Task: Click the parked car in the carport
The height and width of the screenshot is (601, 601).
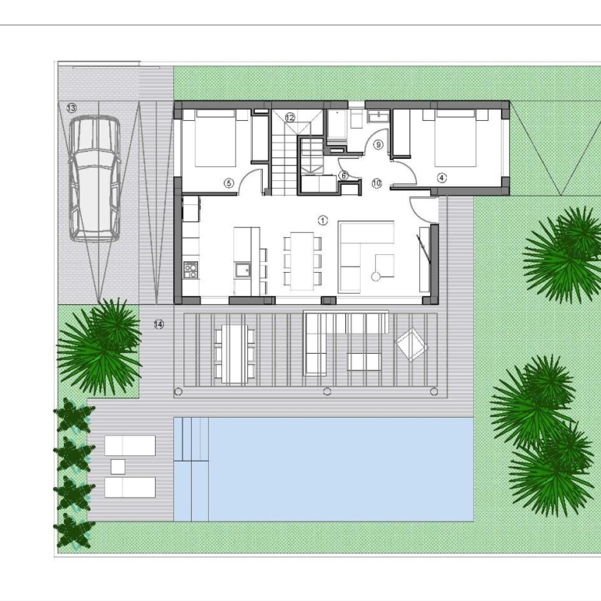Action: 94,179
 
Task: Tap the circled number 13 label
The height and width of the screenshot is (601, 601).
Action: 72,108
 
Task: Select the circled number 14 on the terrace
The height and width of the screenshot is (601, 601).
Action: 159,324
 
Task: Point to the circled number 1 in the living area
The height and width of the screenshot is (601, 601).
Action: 323,220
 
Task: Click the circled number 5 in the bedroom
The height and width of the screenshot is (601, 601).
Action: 229,183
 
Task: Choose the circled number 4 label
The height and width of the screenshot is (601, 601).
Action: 442,178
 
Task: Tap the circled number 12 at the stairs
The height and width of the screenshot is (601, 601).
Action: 290,118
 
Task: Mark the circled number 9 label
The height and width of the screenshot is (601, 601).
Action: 378,145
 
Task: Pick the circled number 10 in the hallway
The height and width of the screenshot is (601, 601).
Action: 377,183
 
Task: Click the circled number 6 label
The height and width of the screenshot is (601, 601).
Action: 344,176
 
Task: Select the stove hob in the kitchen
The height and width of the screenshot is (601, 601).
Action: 191,270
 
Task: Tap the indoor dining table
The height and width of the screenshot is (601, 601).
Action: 302,261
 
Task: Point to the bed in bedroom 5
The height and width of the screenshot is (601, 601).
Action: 216,138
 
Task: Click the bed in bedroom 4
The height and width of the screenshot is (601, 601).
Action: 455,138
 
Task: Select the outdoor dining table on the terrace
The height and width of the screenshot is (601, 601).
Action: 235,354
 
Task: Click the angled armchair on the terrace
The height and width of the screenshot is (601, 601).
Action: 411,344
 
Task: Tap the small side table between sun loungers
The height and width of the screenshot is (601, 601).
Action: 118,466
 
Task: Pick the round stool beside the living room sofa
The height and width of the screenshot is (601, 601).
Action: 376,276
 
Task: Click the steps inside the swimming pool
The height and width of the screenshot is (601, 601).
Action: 191,439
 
